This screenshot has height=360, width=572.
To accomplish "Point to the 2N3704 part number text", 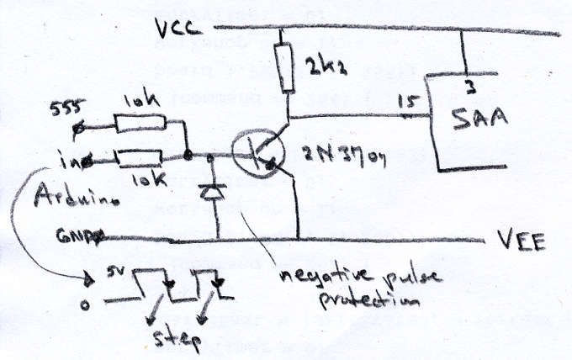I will click(335, 155).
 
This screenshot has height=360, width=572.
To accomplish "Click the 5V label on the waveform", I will click(117, 273).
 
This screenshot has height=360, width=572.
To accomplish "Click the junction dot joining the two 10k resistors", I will click(188, 156).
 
